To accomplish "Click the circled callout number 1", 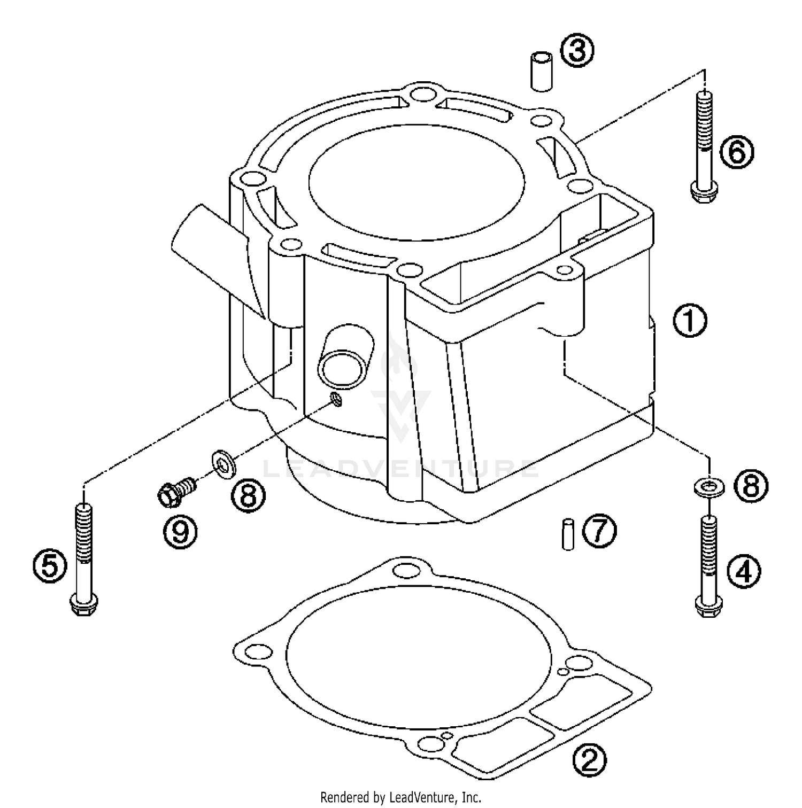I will click(x=689, y=321).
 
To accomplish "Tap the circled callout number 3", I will click(x=577, y=52).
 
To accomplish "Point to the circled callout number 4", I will click(x=743, y=572).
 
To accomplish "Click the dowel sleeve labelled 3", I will click(x=541, y=71).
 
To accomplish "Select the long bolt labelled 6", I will click(x=704, y=144).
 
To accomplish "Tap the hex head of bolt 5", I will click(x=83, y=607).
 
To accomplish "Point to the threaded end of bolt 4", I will click(x=709, y=540).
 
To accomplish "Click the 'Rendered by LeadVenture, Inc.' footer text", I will click(x=400, y=797).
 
